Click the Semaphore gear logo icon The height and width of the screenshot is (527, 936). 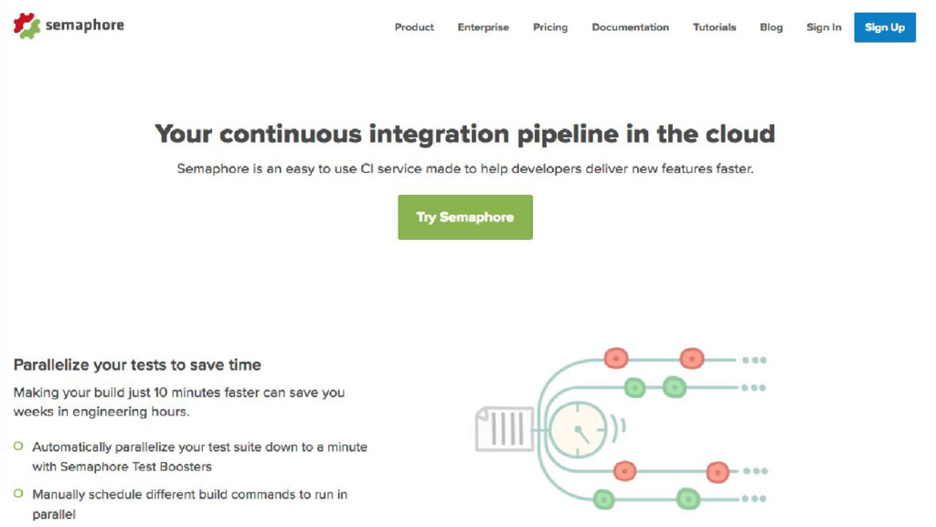[x=27, y=26]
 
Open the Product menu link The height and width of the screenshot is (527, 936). [x=414, y=27]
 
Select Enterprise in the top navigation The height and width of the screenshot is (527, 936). [x=483, y=27]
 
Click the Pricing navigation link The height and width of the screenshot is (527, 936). [x=550, y=27]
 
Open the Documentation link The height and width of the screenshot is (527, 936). [x=630, y=27]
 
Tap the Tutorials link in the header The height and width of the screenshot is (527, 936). [x=714, y=27]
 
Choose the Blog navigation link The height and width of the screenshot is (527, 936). [x=771, y=27]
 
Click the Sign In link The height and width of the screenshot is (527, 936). [x=824, y=27]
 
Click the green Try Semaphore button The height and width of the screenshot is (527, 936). [x=464, y=217]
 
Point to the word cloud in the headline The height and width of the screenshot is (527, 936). [x=740, y=134]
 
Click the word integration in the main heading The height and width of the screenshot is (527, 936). [x=440, y=134]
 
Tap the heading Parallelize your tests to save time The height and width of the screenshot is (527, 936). [x=137, y=364]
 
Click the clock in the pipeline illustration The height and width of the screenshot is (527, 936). [x=578, y=428]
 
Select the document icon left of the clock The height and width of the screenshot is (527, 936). [x=504, y=428]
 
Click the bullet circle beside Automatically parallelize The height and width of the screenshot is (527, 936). [x=18, y=446]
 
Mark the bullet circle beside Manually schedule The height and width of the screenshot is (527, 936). [x=18, y=494]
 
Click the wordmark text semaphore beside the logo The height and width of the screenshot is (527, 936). [x=84, y=26]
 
